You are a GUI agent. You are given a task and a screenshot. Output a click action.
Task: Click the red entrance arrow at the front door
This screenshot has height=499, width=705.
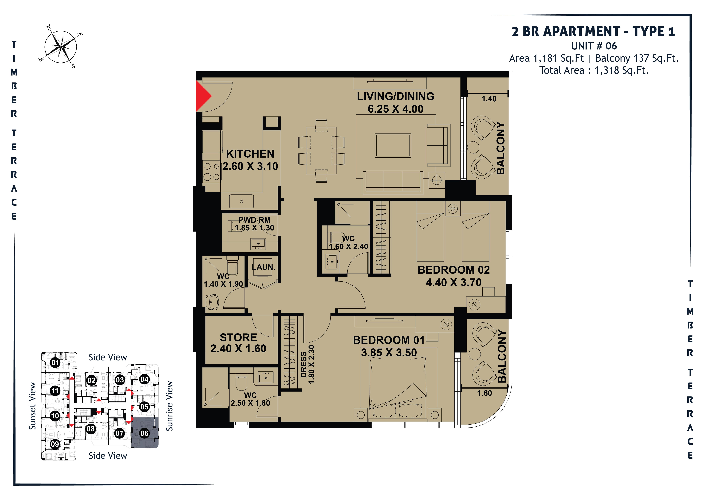pyautogui.click(x=203, y=96)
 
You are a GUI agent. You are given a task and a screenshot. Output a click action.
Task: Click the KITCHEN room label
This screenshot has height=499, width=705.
pyautogui.click(x=250, y=154)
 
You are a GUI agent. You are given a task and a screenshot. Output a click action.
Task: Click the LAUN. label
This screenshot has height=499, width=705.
pyautogui.click(x=263, y=267)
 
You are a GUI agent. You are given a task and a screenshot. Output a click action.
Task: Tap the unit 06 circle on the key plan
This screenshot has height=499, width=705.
pyautogui.click(x=144, y=433)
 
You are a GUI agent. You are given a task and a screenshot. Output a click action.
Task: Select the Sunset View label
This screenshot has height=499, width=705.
pyautogui.click(x=32, y=406)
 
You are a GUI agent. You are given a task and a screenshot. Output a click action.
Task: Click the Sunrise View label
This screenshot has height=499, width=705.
pyautogui.click(x=169, y=406)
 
